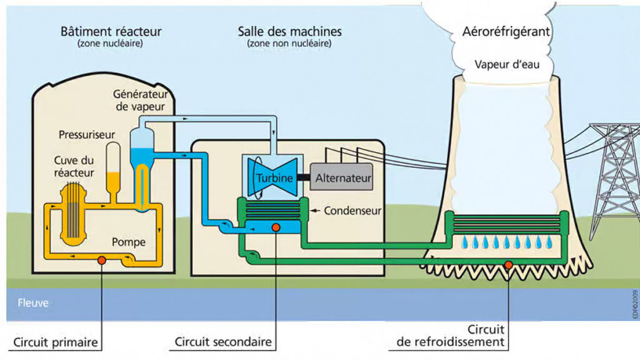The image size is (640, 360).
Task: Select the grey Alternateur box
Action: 343,177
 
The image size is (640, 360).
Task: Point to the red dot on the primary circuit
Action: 101,259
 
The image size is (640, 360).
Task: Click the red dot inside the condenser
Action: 276,229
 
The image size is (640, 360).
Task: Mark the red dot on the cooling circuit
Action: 509,264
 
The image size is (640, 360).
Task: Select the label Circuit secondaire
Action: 223,342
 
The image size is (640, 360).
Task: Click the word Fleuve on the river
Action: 33,303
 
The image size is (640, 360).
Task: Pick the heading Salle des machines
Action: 289,31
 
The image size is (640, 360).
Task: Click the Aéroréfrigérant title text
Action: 507,32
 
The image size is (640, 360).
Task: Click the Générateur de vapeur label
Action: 139,101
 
